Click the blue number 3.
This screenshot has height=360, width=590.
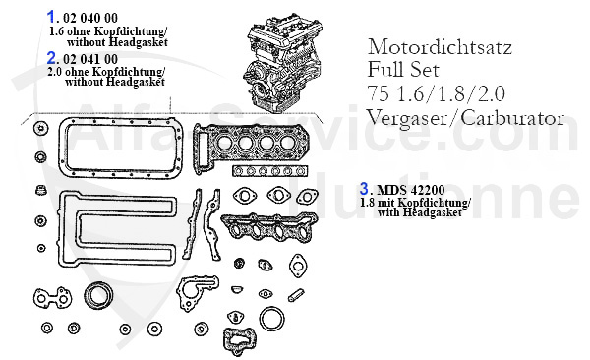(365, 187)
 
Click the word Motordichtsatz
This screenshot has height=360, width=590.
(437, 46)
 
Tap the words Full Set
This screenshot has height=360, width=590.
(402, 70)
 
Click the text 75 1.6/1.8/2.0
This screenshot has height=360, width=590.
(429, 93)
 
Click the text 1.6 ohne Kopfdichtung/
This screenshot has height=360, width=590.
(107, 32)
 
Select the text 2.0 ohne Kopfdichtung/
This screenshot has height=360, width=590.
(107, 73)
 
